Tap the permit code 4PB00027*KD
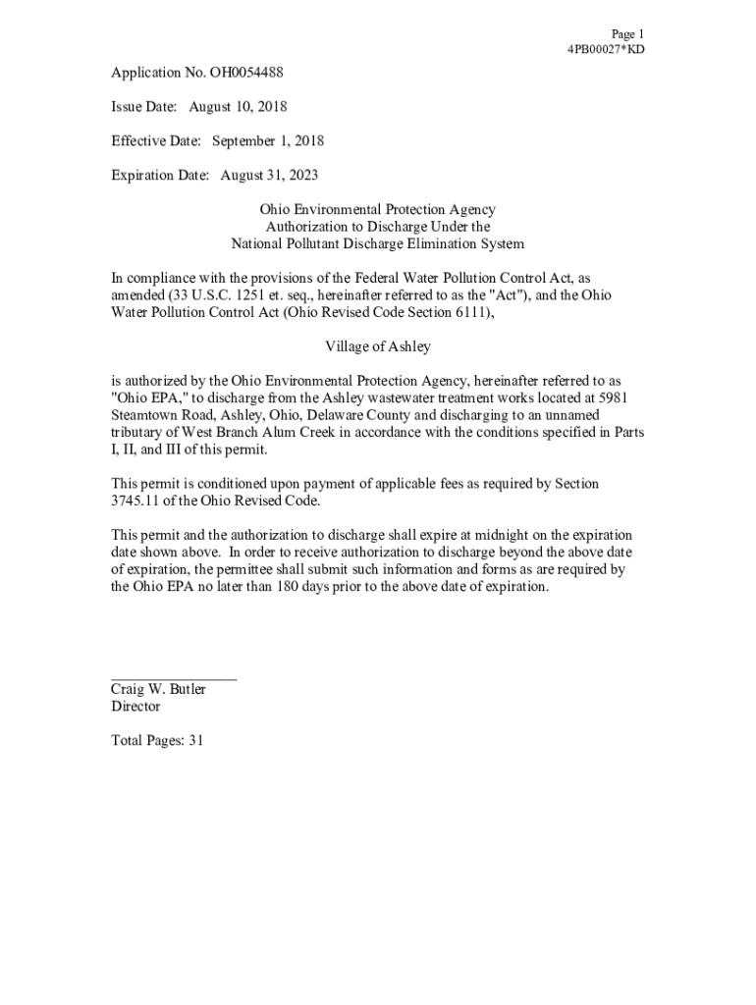coord(606,50)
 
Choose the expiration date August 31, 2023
coord(269,176)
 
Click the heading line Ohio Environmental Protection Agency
coord(377,210)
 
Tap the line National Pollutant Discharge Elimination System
coord(377,244)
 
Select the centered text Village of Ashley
coord(377,347)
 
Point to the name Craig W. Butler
coord(158,690)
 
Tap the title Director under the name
coord(135,707)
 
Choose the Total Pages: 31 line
coord(157,742)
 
